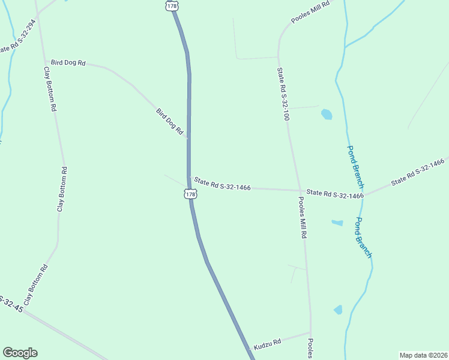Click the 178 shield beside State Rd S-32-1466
[x=190, y=194]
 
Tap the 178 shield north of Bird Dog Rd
[x=171, y=5]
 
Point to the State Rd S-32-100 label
[x=283, y=94]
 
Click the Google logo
[x=20, y=353]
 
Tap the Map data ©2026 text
[x=423, y=355]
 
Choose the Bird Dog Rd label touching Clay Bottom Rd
[x=68, y=62]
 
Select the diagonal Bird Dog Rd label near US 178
[x=169, y=121]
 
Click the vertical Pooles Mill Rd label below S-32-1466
[x=303, y=218]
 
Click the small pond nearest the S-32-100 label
[x=326, y=114]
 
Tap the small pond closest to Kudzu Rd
[x=338, y=310]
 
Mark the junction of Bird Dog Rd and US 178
[x=188, y=139]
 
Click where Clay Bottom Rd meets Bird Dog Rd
[x=45, y=61]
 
